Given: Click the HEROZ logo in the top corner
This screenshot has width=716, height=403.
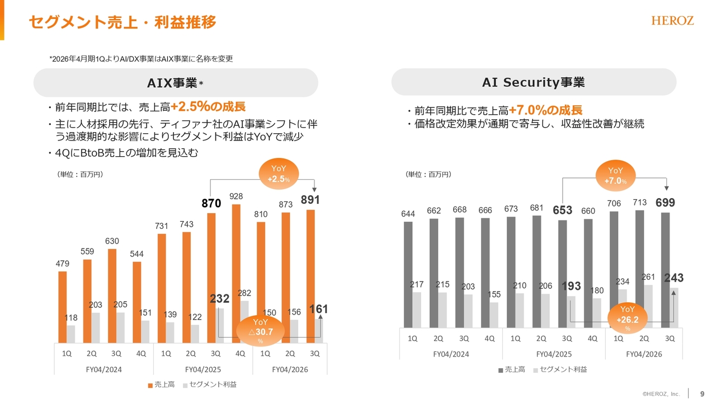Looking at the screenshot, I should tap(672, 21).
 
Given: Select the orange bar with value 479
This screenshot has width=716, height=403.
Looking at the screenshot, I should tap(63, 307).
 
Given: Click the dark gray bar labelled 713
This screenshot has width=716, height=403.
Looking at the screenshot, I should tap(639, 269).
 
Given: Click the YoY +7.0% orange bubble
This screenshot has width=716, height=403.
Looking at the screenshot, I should tap(615, 176).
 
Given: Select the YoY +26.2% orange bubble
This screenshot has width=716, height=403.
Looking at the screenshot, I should tap(628, 318).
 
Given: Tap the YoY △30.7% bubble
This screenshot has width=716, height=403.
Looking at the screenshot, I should tap(261, 330).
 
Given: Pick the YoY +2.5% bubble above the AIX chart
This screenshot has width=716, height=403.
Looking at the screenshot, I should tap(278, 174).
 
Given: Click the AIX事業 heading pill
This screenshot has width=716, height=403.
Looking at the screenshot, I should tap(176, 83).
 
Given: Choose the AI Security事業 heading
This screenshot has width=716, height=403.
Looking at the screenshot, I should tap(534, 83).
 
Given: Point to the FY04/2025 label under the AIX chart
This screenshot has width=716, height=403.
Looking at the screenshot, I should tap(203, 369).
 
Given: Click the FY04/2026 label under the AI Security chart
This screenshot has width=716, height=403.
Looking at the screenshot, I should tap(644, 354).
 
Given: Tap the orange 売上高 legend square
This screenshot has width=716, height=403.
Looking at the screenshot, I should tap(150, 385).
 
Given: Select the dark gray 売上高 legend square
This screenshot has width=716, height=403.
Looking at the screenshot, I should tap(501, 370).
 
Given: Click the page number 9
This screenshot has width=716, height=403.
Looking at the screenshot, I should tap(702, 393).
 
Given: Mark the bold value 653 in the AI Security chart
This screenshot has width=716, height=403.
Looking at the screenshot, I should tap(563, 210).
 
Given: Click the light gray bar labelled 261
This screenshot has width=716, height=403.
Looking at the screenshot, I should tap(648, 306).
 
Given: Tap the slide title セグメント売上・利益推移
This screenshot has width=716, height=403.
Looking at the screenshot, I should tap(122, 22).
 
